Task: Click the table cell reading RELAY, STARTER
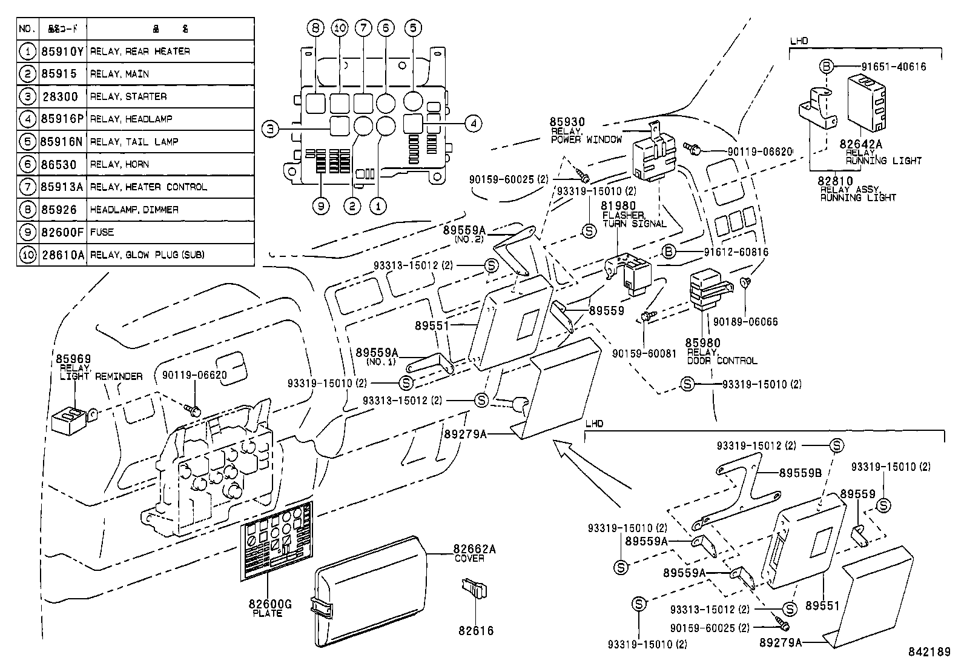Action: click(x=128, y=96)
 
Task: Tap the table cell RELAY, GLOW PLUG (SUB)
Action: click(x=147, y=255)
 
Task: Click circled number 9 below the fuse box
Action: click(x=322, y=206)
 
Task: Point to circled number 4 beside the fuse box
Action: click(x=474, y=124)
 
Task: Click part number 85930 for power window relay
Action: click(x=567, y=122)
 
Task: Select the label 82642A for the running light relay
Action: click(x=860, y=144)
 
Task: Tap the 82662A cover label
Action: click(x=474, y=549)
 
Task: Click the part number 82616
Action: click(x=476, y=630)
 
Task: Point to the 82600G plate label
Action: click(x=270, y=604)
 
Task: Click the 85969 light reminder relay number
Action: click(x=73, y=359)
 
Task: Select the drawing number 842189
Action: click(x=929, y=652)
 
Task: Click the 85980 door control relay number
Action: click(x=703, y=343)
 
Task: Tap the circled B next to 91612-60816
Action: click(x=668, y=251)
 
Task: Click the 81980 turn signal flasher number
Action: click(x=619, y=206)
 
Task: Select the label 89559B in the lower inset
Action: click(x=800, y=473)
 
